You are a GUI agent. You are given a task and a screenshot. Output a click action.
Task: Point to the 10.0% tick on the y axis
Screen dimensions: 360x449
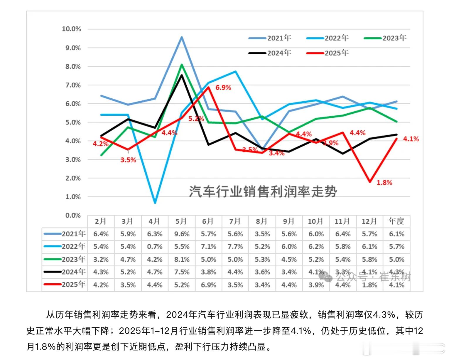point(71,29)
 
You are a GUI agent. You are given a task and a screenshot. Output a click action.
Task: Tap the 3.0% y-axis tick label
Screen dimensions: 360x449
point(73,160)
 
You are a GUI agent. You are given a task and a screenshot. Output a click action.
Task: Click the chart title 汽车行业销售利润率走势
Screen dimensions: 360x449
point(263,191)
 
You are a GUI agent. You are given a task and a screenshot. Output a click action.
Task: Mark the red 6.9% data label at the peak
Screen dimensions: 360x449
point(223,88)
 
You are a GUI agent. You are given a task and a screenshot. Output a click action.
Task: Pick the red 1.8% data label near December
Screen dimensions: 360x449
point(384,183)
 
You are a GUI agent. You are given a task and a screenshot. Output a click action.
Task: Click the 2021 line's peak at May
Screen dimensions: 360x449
point(182,37)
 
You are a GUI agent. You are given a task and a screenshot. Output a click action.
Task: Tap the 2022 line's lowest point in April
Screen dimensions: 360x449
point(155,203)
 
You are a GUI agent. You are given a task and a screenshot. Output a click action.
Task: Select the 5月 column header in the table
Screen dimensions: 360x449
point(181,221)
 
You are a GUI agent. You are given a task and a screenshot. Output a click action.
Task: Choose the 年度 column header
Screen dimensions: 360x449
point(396,221)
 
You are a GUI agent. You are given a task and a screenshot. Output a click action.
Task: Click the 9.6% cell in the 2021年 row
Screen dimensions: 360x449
point(182,234)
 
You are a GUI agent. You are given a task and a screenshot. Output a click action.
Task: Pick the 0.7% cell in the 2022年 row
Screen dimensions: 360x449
point(155,247)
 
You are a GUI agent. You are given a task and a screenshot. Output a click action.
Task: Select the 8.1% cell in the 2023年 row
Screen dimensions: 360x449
point(182,260)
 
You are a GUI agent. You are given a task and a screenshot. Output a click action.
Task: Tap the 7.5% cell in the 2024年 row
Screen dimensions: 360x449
point(182,272)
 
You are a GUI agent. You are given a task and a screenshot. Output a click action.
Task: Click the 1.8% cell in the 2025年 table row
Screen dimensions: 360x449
point(369,285)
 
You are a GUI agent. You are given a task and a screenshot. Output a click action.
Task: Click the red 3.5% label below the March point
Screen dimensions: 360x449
point(128,160)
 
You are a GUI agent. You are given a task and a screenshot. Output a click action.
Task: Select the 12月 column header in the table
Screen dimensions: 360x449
point(369,221)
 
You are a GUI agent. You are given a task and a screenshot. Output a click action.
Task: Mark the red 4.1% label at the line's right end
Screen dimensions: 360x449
point(411,139)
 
